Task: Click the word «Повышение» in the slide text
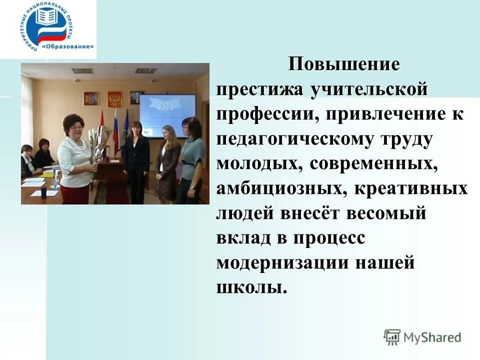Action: coord(344,65)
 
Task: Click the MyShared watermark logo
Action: coord(422,336)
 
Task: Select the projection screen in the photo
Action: coord(167,115)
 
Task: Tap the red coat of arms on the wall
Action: coord(114,98)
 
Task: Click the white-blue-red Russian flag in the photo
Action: coord(116,131)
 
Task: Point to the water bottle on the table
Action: coord(53,182)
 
